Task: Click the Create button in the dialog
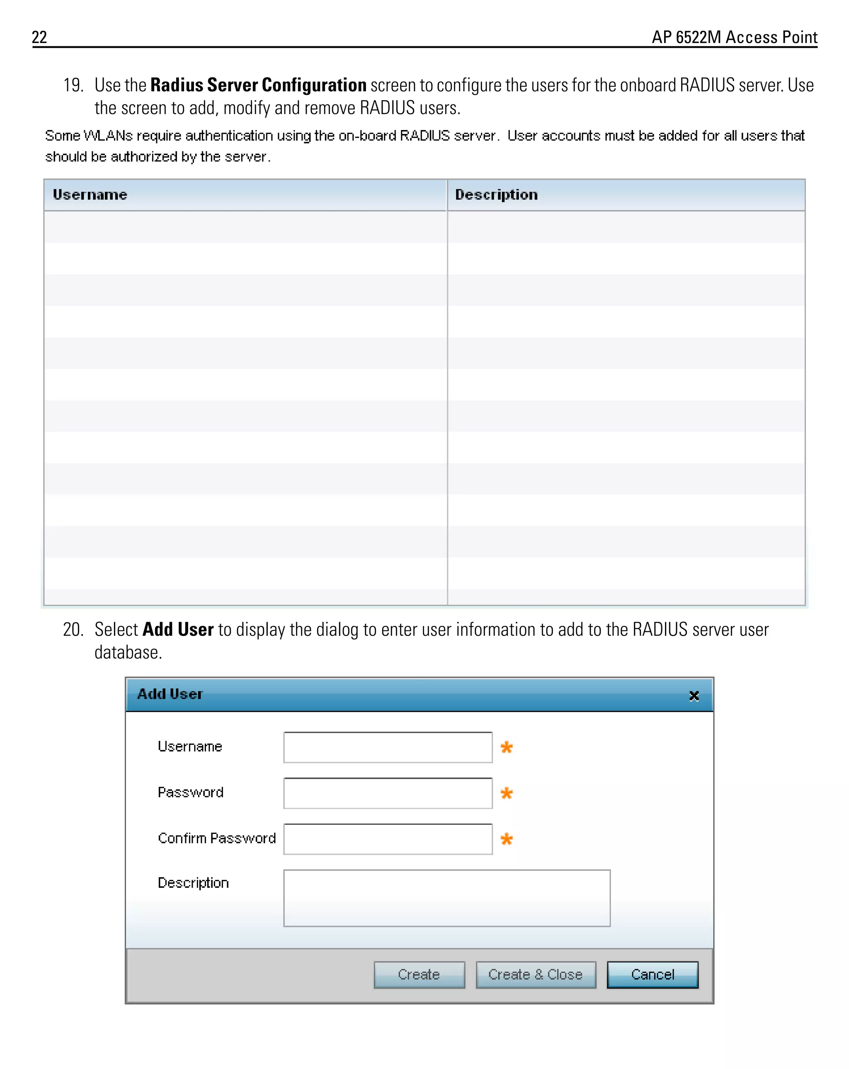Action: click(419, 974)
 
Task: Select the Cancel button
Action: click(652, 974)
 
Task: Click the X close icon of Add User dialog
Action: click(694, 696)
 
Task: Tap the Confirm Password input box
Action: click(387, 839)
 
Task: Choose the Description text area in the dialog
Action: click(446, 897)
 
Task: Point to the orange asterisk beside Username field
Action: click(506, 747)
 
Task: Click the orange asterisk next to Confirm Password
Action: click(506, 839)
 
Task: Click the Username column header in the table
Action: click(90, 195)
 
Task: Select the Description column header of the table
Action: click(496, 195)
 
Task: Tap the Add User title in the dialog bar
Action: click(170, 693)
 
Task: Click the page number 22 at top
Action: click(39, 37)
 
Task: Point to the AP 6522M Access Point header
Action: click(734, 37)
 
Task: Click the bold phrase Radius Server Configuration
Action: click(258, 85)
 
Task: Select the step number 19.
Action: click(73, 85)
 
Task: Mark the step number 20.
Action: click(73, 629)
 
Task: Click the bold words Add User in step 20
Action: click(177, 629)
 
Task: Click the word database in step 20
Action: click(128, 652)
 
